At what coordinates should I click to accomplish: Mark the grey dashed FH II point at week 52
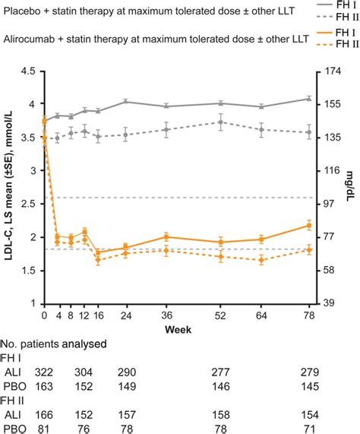pyautogui.click(x=220, y=122)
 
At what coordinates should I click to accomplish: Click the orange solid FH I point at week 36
pyautogui.click(x=166, y=215)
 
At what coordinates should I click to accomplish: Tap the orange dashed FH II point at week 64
pyautogui.click(x=261, y=261)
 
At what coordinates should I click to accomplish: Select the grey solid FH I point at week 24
pyautogui.click(x=125, y=102)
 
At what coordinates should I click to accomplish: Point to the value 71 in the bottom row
pyautogui.click(x=309, y=427)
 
